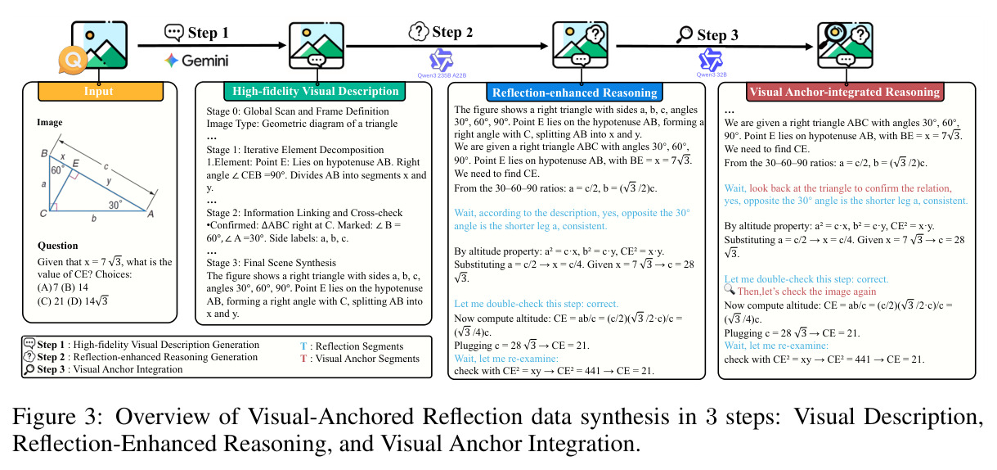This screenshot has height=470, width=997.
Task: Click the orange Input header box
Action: (101, 92)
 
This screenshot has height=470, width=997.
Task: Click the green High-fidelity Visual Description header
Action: (315, 92)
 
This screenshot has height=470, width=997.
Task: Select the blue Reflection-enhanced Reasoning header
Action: (574, 93)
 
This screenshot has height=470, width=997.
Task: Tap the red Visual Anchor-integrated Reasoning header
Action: (844, 92)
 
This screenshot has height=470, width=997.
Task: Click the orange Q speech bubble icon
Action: (73, 60)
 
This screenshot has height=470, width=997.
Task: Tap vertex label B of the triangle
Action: (44, 154)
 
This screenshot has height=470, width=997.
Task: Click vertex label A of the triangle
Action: (150, 215)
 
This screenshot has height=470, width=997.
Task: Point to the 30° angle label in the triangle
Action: (115, 205)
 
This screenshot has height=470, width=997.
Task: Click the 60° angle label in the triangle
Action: (57, 170)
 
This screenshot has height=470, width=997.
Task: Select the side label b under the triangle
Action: (94, 219)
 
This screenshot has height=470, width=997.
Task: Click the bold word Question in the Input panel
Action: (57, 246)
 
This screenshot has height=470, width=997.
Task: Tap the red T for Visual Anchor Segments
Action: (303, 359)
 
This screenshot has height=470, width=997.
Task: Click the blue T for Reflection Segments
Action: (303, 346)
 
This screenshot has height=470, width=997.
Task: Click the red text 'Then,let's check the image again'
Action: (806, 291)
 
